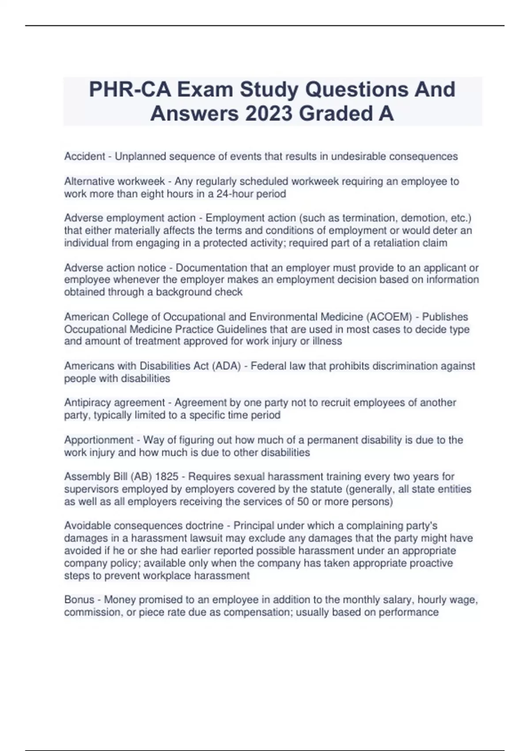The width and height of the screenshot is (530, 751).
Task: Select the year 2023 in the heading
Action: pos(269,114)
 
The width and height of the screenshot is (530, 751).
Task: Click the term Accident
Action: pos(85,156)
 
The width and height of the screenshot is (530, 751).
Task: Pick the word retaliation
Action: pos(390,243)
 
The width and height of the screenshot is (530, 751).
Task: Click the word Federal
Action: pos(269,366)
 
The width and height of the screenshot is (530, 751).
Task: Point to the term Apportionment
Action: pos(98,440)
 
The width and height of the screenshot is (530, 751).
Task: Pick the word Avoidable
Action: pos(86,526)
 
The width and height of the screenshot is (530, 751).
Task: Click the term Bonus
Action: pos(79,599)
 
